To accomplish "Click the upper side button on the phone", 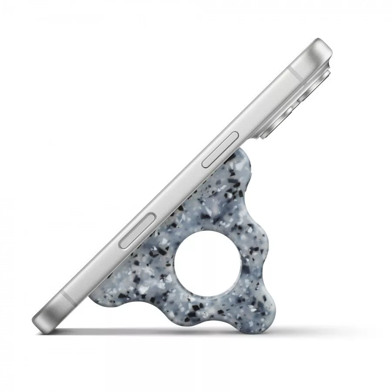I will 221,149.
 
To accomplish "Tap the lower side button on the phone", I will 138,232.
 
